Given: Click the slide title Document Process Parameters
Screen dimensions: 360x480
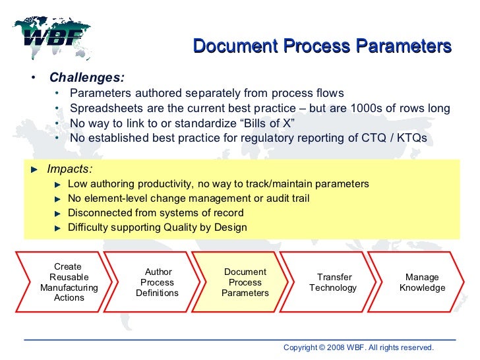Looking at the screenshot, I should pyautogui.click(x=322, y=47).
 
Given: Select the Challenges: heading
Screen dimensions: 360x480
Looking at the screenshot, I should pyautogui.click(x=87, y=77).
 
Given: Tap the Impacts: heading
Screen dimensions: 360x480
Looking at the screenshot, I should pyautogui.click(x=69, y=168).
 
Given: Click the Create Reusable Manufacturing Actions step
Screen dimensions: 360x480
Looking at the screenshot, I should pyautogui.click(x=69, y=282).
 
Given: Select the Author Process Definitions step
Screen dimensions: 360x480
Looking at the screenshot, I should pyautogui.click(x=157, y=282).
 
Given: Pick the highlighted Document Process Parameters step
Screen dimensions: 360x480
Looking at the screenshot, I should pyautogui.click(x=245, y=282).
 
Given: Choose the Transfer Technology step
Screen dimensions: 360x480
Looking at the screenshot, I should pyautogui.click(x=334, y=282).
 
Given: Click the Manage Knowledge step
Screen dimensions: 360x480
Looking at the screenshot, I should pyautogui.click(x=422, y=282).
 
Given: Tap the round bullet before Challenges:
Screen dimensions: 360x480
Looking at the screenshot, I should pyautogui.click(x=33, y=78).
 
